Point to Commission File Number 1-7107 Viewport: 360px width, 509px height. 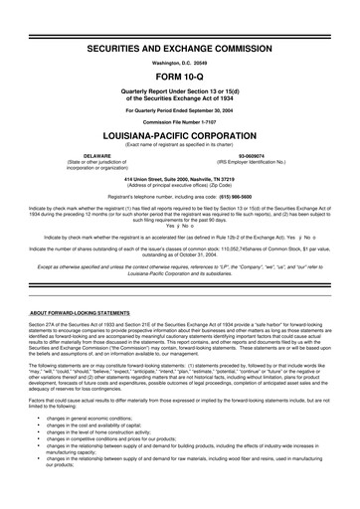tap(180, 119)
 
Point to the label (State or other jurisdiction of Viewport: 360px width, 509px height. tap(96, 163)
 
